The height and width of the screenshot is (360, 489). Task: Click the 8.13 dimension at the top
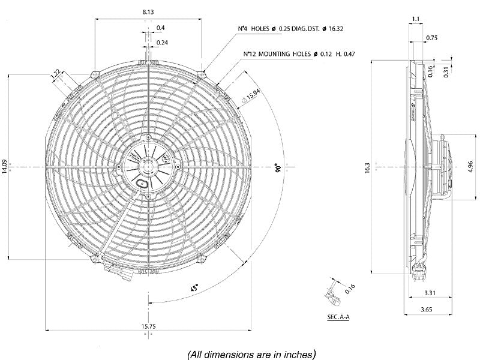pos(146,12)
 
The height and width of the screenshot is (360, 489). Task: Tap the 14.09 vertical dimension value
pos(5,166)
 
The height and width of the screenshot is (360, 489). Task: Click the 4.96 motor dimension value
pos(471,166)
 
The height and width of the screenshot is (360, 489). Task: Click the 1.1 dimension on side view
pos(416,19)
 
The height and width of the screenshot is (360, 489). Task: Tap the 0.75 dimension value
pos(448,38)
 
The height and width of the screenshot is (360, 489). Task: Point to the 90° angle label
pos(278,167)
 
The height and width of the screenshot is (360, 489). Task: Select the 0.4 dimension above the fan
pos(161,28)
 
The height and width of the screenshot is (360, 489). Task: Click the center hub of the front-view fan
pos(147,162)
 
